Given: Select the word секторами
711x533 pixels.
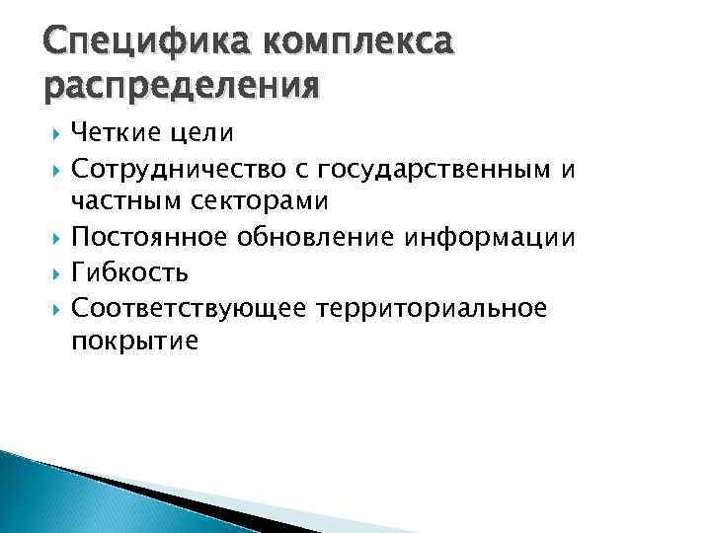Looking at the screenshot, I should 259,201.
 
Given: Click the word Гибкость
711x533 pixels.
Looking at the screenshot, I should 129,272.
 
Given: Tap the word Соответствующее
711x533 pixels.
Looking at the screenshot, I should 193,308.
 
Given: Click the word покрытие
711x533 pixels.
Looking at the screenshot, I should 134,343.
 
